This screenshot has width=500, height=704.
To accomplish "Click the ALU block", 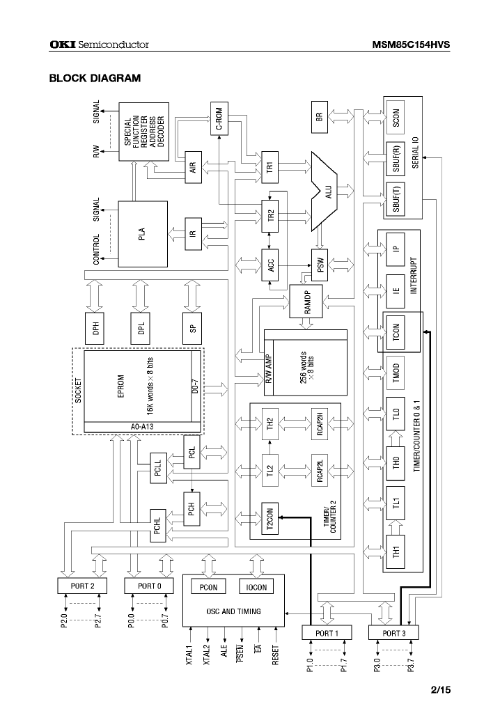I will (x=325, y=189).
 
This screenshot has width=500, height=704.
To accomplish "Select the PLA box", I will (x=142, y=234).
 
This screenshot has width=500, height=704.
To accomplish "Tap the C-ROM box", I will (x=219, y=119).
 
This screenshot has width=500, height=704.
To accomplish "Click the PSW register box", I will (x=320, y=265).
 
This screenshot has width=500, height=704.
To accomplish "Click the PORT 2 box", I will (x=83, y=586).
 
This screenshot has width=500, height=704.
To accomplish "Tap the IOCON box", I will (x=257, y=587).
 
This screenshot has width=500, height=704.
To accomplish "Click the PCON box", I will (x=208, y=587).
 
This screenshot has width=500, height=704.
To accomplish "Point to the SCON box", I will (x=396, y=120).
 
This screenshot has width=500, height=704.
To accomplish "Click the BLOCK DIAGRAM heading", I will (x=94, y=78).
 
